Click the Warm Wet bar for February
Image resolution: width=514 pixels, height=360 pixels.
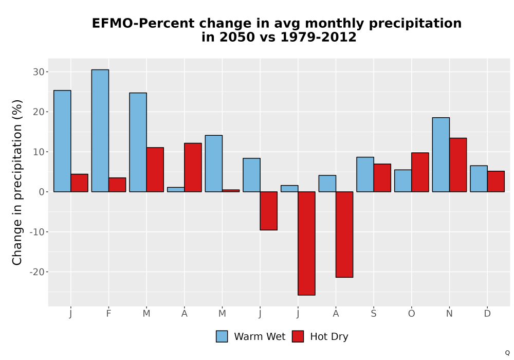100,131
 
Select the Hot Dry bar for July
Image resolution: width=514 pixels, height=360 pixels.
306,243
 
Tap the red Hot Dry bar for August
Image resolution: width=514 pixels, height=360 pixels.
344,235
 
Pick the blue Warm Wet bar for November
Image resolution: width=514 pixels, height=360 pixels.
441,154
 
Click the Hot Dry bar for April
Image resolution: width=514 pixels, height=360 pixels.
193,167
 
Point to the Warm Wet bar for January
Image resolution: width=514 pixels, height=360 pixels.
62,141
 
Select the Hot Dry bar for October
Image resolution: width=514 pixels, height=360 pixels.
420,172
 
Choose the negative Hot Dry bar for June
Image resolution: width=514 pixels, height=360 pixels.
269,211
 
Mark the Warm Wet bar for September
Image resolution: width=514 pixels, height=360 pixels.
365,174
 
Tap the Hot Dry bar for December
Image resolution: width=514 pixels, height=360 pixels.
496,182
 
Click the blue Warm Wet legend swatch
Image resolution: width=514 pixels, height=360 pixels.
222,336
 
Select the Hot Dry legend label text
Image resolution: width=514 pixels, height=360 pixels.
329,337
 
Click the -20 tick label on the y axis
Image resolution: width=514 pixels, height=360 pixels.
37,272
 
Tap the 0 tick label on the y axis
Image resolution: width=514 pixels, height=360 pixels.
42,192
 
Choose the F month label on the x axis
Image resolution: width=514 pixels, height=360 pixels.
108,314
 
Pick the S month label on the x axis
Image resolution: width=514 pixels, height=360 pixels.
374,314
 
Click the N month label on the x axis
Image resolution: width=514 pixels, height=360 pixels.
449,314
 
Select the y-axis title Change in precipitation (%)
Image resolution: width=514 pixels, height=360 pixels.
17,182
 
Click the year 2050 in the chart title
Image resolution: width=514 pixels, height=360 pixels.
237,37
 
